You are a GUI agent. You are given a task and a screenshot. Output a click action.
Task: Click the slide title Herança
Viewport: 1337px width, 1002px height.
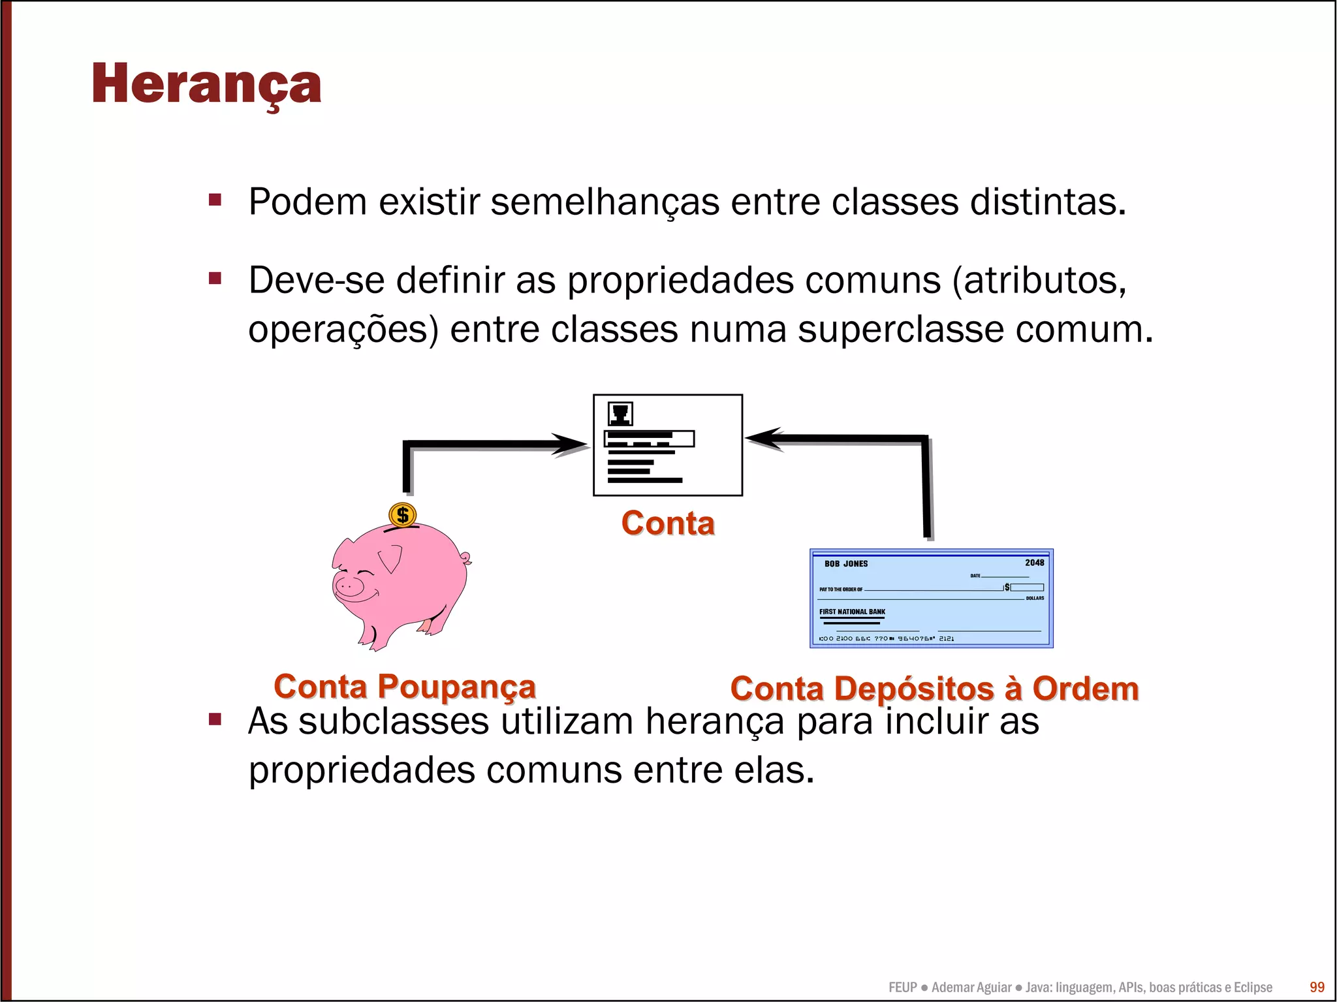[206, 85]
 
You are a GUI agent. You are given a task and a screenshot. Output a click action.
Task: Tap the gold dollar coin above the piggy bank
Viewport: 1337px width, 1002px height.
[402, 515]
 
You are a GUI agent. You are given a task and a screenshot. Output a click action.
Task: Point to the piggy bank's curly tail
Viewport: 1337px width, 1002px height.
[465, 559]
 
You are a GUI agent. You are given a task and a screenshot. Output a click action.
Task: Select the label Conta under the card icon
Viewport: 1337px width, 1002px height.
[668, 524]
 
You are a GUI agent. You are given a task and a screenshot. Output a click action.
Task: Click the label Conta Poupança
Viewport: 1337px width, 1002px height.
[405, 687]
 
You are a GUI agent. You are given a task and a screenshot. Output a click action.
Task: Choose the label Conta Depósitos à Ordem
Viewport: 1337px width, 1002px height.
[934, 689]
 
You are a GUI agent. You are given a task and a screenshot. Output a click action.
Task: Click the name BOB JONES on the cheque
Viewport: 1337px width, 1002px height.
[845, 564]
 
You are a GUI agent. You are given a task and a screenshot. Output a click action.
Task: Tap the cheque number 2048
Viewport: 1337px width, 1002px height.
[1034, 563]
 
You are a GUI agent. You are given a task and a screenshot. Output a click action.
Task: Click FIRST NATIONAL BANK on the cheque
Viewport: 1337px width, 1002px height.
[852, 612]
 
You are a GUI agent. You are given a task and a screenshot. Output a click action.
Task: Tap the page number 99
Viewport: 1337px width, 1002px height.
[1317, 987]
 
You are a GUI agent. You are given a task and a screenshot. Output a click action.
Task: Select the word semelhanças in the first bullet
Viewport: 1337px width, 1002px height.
[605, 202]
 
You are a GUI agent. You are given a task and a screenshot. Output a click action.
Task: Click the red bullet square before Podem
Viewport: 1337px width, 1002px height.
[215, 200]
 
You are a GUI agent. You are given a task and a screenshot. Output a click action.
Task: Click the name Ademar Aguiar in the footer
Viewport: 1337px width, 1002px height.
[971, 987]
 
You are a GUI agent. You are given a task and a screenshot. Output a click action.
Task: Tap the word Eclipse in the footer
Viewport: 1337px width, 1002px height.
[1252, 987]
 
